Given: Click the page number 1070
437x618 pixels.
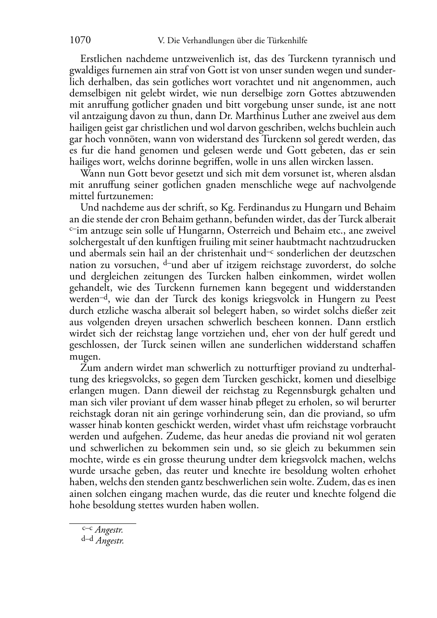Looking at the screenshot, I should pos(80,41).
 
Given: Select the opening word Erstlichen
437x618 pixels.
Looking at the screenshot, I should pos(102,59).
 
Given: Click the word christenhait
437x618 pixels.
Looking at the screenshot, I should pos(212,254).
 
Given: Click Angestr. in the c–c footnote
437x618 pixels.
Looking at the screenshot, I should pos(109,530).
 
